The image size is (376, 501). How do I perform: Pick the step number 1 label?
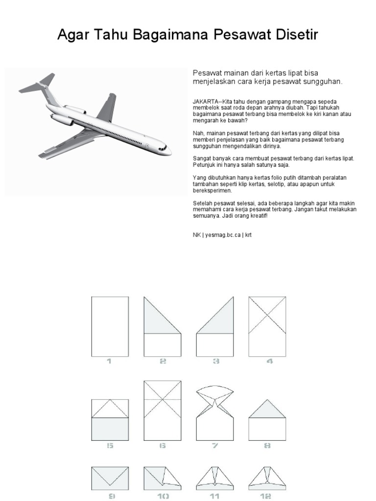109,362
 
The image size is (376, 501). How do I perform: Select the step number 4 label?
268,362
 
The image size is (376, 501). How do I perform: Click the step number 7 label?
215,446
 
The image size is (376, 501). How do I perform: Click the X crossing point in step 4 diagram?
267,315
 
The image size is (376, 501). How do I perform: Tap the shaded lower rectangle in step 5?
110,429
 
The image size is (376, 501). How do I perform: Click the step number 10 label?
163,496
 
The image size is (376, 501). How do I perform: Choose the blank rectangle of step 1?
110,326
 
